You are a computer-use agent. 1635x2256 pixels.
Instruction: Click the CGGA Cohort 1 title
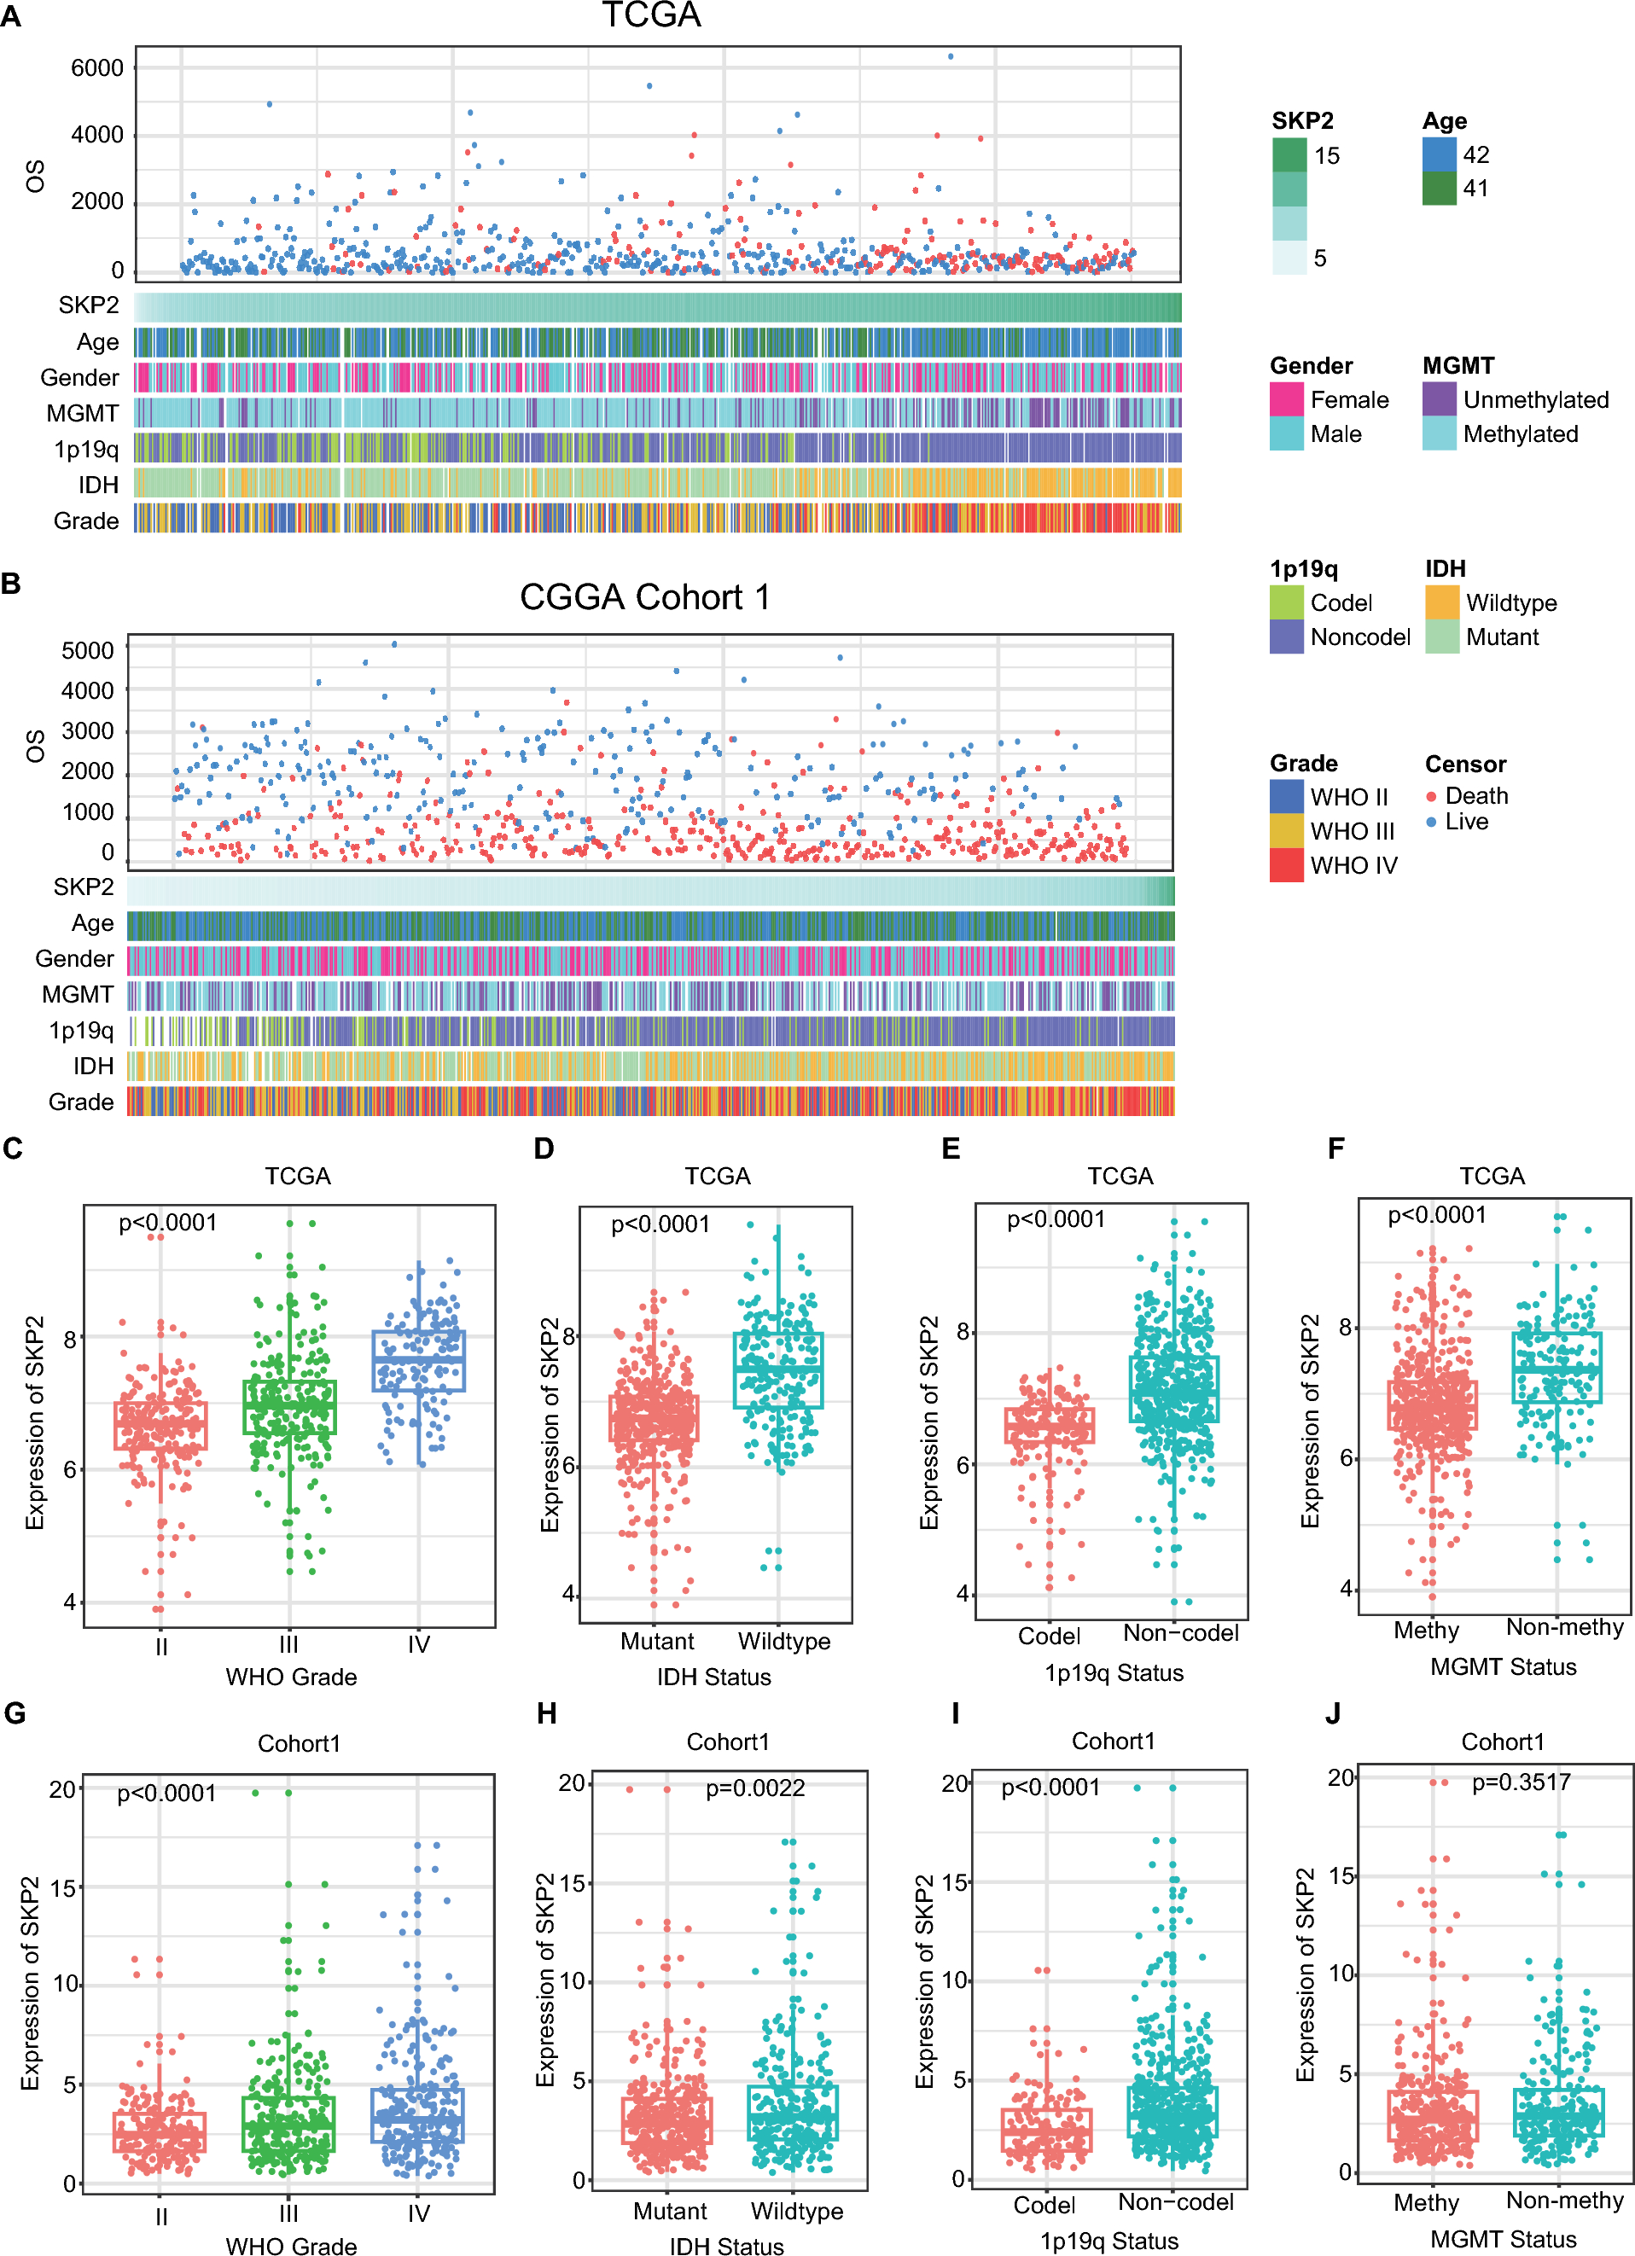coord(644,596)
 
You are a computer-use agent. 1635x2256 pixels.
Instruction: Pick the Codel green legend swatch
coord(1287,602)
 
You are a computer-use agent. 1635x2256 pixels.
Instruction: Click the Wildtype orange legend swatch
coord(1442,602)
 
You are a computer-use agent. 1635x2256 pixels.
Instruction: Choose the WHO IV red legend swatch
coord(1287,865)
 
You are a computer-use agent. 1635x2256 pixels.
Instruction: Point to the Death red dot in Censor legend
coord(1431,797)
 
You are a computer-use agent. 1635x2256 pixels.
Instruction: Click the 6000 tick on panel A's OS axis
coord(97,67)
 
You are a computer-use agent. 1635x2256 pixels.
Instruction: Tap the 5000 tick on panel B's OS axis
coord(88,650)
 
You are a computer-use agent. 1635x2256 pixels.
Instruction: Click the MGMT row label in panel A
coord(83,414)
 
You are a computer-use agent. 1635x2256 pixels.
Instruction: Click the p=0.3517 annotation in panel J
coord(1521,1782)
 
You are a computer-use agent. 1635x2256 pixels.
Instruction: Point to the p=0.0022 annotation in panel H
coord(755,1788)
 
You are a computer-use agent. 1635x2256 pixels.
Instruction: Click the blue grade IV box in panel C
coord(419,1361)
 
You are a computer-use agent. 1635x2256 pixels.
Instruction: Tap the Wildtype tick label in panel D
coord(783,1642)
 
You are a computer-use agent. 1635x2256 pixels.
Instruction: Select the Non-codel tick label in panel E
coord(1180,1633)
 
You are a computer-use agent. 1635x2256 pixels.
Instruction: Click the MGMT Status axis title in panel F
coord(1503,1667)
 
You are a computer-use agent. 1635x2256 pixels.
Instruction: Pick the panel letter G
coord(15,1712)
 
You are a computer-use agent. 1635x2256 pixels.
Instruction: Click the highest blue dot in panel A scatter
coord(951,56)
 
